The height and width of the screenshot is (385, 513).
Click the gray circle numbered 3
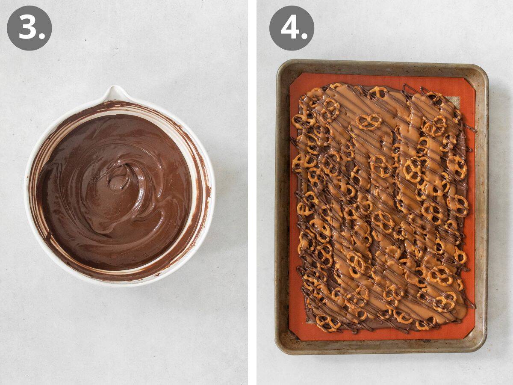pos(29,28)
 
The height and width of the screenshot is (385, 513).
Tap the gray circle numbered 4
pos(292,28)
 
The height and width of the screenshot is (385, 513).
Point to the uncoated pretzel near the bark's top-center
pos(369,121)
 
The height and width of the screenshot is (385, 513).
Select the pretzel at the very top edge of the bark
pos(378,91)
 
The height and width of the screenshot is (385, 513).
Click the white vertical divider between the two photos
pos(252,192)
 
